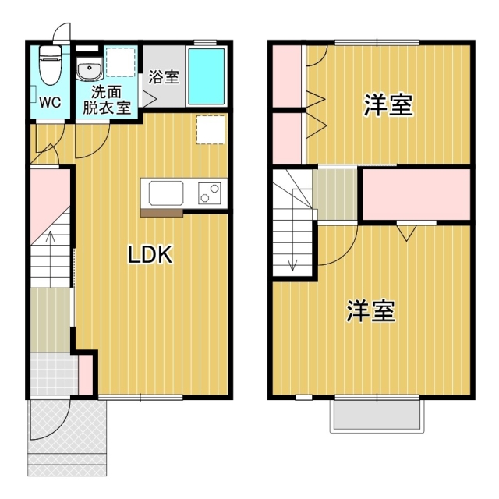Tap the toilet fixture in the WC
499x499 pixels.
pyautogui.click(x=51, y=62)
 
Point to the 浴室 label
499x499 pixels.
pyautogui.click(x=164, y=77)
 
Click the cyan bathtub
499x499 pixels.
pyautogui.click(x=207, y=78)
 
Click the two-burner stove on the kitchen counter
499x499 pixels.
pyautogui.click(x=210, y=192)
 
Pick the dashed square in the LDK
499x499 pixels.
pyautogui.click(x=211, y=129)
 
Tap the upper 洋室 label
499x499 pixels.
pyautogui.click(x=388, y=105)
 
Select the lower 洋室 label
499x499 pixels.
pyautogui.click(x=370, y=311)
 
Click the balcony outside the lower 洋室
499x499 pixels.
pyautogui.click(x=377, y=416)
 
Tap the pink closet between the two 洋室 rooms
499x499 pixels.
pyautogui.click(x=416, y=193)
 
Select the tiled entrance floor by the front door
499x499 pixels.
pyautogui.click(x=53, y=375)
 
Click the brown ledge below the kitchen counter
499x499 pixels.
pyautogui.click(x=161, y=211)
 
